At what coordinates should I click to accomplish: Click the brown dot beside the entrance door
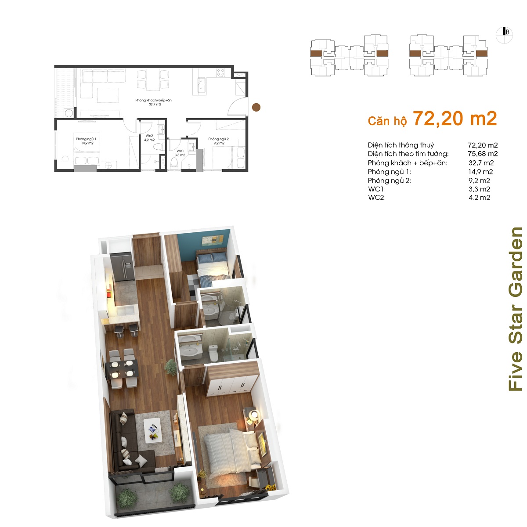(256, 107)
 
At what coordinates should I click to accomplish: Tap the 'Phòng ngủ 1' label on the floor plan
(86, 139)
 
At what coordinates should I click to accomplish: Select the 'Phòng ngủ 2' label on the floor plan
(219, 139)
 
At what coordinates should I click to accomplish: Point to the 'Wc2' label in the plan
(149, 136)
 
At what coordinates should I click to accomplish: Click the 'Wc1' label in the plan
(180, 151)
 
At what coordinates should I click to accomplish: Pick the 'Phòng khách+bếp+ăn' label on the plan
(153, 100)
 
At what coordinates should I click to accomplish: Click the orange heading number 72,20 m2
(455, 119)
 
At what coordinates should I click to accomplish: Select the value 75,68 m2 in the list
(483, 154)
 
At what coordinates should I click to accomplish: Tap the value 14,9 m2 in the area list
(481, 171)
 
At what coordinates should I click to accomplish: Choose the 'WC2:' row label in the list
(377, 198)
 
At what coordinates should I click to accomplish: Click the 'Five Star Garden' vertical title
(516, 309)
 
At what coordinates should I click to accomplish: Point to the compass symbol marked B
(504, 35)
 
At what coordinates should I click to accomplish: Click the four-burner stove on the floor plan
(220, 73)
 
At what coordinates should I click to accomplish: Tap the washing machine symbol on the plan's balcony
(69, 113)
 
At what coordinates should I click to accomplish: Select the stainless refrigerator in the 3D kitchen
(122, 267)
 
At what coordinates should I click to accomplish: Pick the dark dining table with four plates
(122, 369)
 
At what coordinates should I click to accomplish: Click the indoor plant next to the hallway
(171, 367)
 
